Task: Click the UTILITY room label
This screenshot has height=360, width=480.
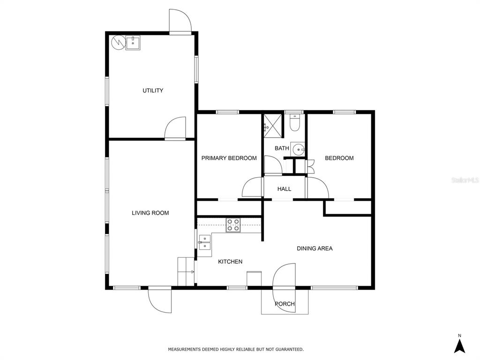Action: click(153, 90)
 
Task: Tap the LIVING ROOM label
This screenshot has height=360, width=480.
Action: click(150, 213)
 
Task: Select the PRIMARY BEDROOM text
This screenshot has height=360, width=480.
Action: click(229, 158)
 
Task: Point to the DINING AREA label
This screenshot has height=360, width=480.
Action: click(315, 248)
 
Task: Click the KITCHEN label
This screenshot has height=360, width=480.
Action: click(230, 262)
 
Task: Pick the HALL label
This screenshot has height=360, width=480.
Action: click(285, 189)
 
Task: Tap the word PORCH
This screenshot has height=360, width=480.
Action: click(285, 304)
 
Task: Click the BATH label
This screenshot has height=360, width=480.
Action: click(282, 149)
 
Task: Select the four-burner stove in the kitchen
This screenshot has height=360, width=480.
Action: click(233, 225)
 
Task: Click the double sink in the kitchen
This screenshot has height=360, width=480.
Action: click(204, 242)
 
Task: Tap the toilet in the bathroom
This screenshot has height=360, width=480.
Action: click(294, 123)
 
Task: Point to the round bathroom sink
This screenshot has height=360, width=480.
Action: click(298, 150)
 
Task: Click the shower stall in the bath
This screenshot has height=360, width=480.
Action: click(272, 124)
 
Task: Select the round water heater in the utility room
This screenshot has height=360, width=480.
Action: click(118, 43)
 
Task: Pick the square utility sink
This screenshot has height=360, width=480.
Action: click(133, 43)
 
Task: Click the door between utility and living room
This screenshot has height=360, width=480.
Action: click(175, 128)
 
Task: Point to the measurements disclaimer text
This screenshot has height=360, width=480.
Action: click(236, 349)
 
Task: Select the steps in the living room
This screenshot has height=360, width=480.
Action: click(186, 271)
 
